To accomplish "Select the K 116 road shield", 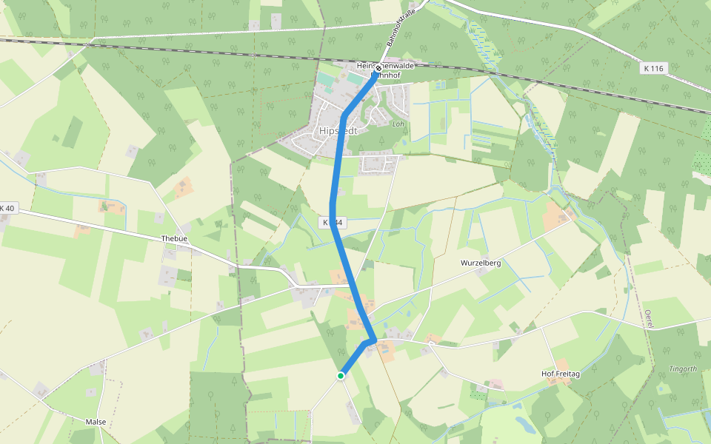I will click(654, 68).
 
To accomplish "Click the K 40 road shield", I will click(7, 208).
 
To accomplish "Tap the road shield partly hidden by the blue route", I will click(333, 222).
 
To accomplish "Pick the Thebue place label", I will click(174, 238).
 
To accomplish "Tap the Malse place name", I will click(96, 422).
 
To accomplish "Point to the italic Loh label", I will click(398, 124).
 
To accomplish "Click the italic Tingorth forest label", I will click(683, 369).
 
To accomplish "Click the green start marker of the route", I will click(341, 375).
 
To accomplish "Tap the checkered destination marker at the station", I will click(378, 69).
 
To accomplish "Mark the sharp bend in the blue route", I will click(373, 340).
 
